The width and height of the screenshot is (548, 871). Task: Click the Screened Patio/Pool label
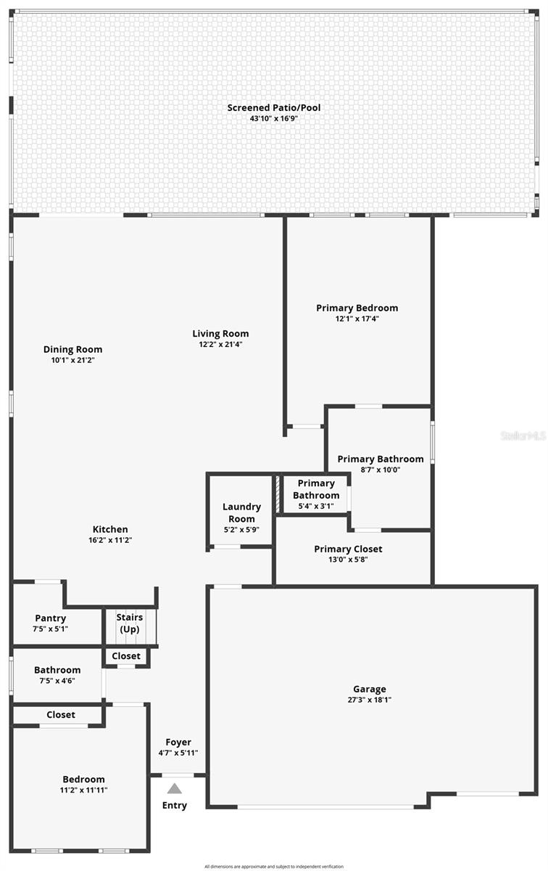pos(273,107)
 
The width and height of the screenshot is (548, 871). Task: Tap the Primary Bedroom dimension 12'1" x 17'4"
pos(357,319)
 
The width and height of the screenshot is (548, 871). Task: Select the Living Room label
pos(220,334)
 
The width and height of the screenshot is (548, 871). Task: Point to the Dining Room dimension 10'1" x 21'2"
pos(72,360)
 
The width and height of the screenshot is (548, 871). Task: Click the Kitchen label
pos(110,529)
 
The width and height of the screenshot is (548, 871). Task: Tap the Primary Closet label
pos(348,549)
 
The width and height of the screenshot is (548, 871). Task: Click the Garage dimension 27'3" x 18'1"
pos(370,700)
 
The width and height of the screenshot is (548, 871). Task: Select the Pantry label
pos(49,618)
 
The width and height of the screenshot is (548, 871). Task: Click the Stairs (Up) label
pos(130,623)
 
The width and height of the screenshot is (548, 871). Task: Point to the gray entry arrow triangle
pos(175,788)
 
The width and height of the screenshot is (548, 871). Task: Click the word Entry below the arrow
pos(175,805)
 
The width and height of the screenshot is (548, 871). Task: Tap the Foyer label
pos(178,742)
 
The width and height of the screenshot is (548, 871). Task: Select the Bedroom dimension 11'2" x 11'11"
pos(83,790)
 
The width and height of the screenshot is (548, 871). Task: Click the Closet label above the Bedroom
pos(61,714)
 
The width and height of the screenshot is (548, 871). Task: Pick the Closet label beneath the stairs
pos(126,656)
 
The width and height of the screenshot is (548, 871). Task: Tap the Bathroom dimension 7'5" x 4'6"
pos(57,681)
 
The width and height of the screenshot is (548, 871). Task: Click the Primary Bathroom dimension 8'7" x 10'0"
pos(381,470)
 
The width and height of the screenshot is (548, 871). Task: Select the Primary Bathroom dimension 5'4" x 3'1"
pos(316,506)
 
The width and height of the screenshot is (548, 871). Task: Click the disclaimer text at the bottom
pos(273,866)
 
